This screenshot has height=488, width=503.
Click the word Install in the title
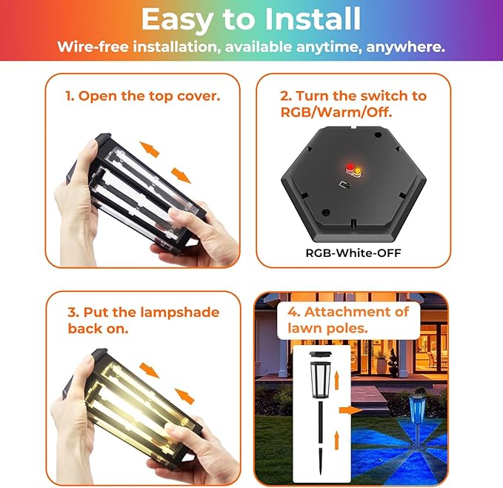313,19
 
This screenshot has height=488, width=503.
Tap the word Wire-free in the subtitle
93,47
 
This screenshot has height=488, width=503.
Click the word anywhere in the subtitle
405,47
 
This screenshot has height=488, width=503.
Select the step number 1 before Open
70,96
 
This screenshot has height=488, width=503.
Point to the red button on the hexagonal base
350,167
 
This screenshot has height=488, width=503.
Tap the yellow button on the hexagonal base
357,170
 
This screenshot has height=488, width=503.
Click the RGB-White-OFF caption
353,253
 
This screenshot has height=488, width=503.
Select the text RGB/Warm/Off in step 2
336,113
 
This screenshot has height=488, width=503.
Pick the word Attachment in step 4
356,312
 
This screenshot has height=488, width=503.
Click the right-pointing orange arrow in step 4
350,410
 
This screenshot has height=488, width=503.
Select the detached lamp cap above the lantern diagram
322,355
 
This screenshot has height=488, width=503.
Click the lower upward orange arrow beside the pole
336,440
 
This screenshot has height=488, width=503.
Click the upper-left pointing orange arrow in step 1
150,149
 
